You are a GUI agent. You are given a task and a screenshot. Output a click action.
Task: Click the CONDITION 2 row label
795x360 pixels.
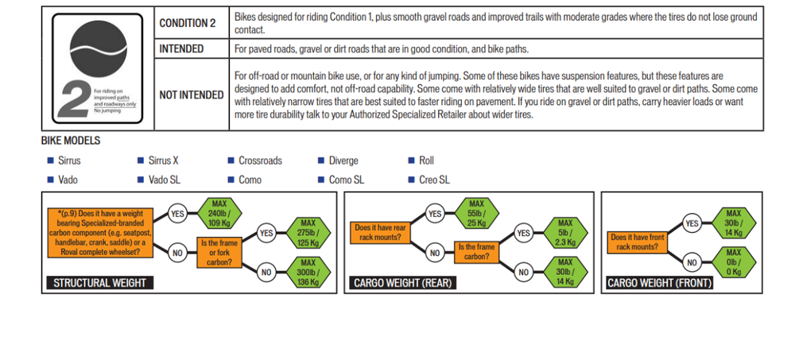pyautogui.click(x=188, y=23)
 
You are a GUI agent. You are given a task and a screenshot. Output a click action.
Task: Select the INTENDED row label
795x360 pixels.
pyautogui.click(x=181, y=49)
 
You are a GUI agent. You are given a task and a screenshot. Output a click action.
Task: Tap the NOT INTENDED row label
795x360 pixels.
pyautogui.click(x=192, y=95)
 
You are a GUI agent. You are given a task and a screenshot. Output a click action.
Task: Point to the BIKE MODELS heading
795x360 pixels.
pyautogui.click(x=71, y=141)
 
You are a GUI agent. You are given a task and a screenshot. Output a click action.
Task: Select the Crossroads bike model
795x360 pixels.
pyautogui.click(x=260, y=161)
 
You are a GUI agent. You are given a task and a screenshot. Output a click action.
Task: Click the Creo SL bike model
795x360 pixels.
pyautogui.click(x=434, y=180)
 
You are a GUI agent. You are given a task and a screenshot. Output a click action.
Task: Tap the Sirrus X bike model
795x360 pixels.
pyautogui.click(x=164, y=161)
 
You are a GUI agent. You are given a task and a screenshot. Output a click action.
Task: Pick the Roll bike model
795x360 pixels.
pyautogui.click(x=426, y=161)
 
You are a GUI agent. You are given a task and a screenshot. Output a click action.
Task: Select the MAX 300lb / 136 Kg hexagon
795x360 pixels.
pyautogui.click(x=308, y=272)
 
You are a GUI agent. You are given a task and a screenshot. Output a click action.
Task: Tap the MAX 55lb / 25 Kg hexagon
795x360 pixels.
pyautogui.click(x=476, y=214)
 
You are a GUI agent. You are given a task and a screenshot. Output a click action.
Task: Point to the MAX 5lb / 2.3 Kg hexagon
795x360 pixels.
pyautogui.click(x=565, y=232)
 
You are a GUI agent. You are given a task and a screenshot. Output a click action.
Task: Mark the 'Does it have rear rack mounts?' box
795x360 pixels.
pyautogui.click(x=380, y=233)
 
